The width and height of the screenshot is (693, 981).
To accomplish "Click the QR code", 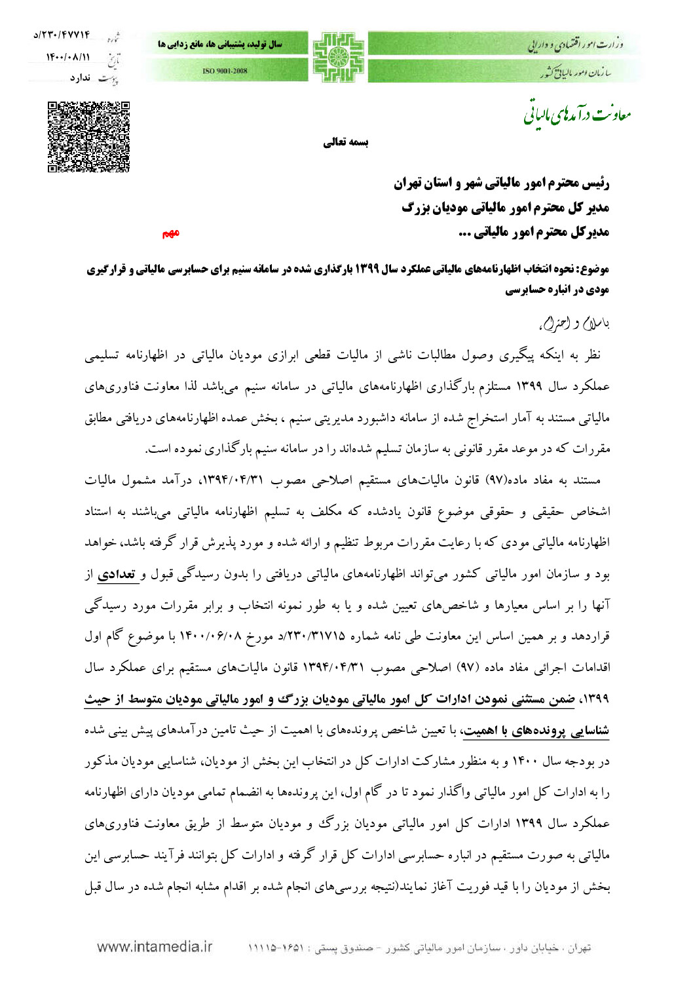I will point(88,136).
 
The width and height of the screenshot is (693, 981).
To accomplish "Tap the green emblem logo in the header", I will point(338,57).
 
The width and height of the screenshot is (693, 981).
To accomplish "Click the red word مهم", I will point(170,233).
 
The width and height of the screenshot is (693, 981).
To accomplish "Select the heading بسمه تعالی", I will point(345,142).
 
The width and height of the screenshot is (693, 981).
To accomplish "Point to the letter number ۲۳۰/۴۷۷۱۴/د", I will point(62,35).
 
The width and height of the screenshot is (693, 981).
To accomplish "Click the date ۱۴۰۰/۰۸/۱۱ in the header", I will point(68,57).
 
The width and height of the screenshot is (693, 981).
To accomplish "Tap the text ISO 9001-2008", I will point(225,71).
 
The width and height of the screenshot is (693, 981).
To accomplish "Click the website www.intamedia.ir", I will point(155,946).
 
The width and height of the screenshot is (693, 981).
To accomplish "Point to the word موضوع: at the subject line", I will point(594,269).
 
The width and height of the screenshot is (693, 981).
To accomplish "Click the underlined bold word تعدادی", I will point(117,575).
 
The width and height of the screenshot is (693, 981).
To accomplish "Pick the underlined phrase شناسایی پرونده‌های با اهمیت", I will point(536,731).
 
